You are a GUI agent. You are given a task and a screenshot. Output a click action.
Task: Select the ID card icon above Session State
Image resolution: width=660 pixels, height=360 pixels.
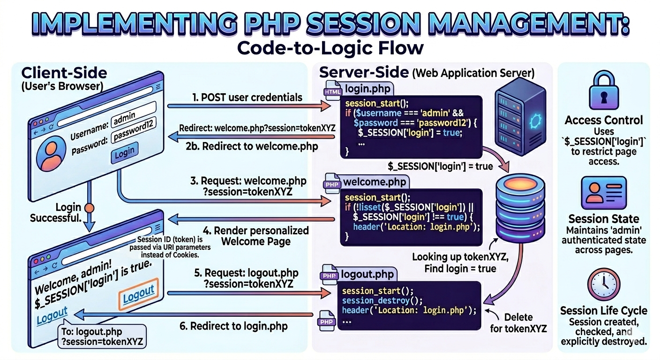pyautogui.click(x=604, y=193)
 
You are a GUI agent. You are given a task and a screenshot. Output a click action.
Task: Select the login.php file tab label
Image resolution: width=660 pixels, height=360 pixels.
pyautogui.click(x=367, y=88)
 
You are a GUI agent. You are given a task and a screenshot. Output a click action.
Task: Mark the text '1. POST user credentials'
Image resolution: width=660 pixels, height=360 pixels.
pyautogui.click(x=247, y=98)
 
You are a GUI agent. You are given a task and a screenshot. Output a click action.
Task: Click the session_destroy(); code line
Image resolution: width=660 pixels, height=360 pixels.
pyautogui.click(x=382, y=300)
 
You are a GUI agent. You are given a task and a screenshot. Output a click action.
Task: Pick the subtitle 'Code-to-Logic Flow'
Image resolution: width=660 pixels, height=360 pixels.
pyautogui.click(x=330, y=48)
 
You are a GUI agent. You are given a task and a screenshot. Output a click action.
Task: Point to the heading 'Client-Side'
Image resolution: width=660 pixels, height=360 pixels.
pyautogui.click(x=64, y=73)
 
